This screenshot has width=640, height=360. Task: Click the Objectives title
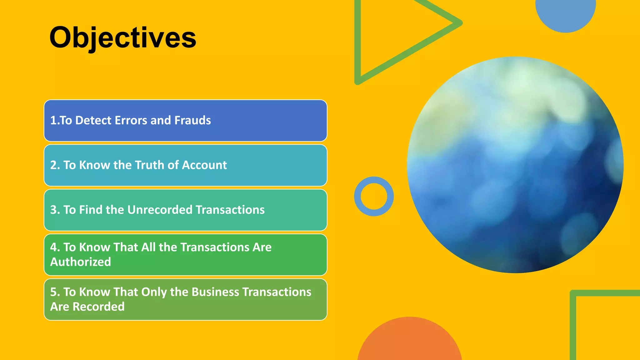click(x=122, y=37)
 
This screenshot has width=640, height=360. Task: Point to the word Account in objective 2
click(x=204, y=165)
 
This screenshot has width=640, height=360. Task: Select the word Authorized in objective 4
click(x=81, y=262)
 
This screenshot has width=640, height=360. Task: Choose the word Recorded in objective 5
click(x=98, y=307)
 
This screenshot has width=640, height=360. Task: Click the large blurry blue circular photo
click(x=515, y=165)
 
